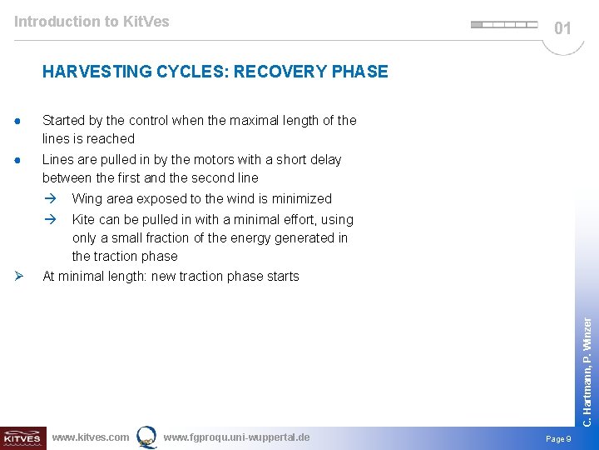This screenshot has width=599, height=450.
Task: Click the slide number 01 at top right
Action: pos(563,28)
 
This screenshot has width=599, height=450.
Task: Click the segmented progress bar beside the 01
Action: pos(504,25)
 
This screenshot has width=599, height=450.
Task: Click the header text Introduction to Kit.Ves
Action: pos(92,22)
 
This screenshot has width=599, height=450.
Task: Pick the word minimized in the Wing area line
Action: pos(301,199)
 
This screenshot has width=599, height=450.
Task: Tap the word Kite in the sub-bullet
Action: pos(84,220)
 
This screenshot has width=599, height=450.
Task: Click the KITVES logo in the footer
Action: pos(22,437)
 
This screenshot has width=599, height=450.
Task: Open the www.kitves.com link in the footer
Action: pos(90,437)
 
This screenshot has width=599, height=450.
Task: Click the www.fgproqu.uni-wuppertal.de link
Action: pos(236,437)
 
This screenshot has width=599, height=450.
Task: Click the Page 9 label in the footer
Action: pos(557,438)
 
